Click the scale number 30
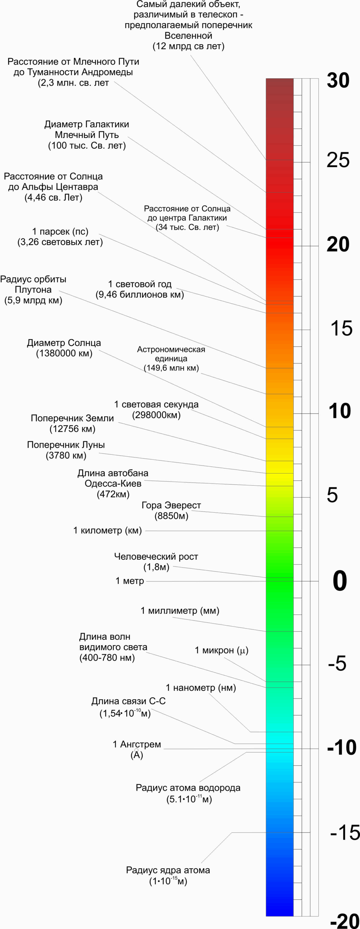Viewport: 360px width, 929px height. [338, 80]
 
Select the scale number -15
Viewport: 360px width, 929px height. [344, 832]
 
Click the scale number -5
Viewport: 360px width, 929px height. [337, 663]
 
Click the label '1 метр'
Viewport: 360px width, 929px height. [130, 581]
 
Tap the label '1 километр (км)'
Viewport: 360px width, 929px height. [108, 530]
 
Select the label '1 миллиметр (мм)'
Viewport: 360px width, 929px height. [180, 611]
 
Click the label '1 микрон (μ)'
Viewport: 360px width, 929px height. [222, 650]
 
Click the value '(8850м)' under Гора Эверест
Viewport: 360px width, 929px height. [171, 516]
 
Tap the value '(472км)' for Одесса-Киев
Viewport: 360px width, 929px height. [113, 494]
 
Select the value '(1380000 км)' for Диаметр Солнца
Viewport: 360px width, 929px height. [64, 353]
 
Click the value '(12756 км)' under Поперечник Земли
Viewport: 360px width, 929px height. [72, 429]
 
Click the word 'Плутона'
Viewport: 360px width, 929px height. [33, 290]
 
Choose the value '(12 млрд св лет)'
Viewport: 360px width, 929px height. [188, 46]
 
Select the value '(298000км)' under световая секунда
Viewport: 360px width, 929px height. [156, 415]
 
